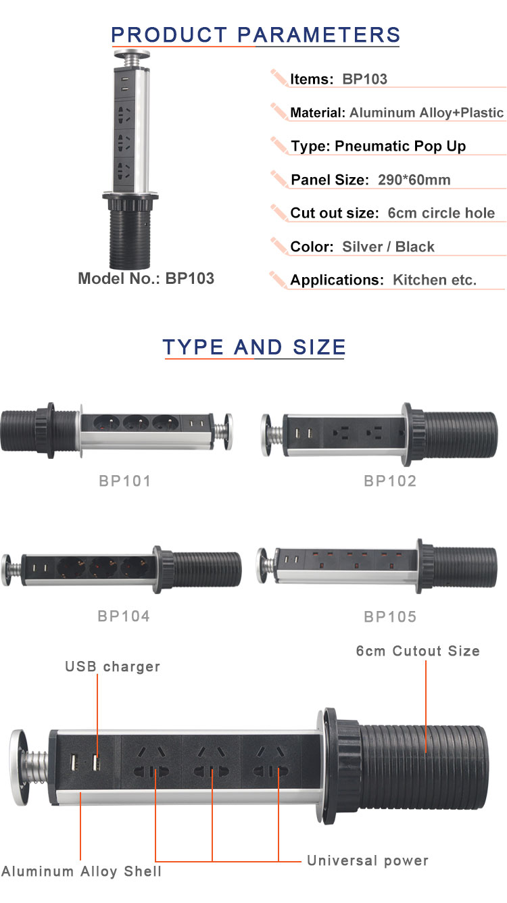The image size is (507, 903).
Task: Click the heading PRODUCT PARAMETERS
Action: pyautogui.click(x=256, y=34)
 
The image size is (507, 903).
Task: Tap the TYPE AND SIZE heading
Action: pyautogui.click(x=254, y=347)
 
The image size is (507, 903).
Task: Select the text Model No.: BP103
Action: pyautogui.click(x=146, y=278)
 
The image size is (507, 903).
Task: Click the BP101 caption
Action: pyautogui.click(x=124, y=481)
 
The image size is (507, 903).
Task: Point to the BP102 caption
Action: pyautogui.click(x=390, y=481)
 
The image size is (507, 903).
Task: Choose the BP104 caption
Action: pyautogui.click(x=124, y=616)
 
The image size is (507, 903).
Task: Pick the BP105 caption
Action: pyautogui.click(x=390, y=616)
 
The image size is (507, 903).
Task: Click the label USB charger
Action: pyautogui.click(x=112, y=666)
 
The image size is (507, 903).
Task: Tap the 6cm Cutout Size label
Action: pyautogui.click(x=418, y=651)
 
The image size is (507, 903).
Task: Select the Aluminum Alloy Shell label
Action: pyautogui.click(x=82, y=871)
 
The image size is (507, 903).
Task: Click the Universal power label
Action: pyautogui.click(x=368, y=860)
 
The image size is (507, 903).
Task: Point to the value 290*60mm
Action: pyautogui.click(x=410, y=180)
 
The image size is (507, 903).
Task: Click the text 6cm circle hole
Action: pyautogui.click(x=441, y=214)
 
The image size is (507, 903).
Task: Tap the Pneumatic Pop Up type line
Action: pyautogui.click(x=378, y=146)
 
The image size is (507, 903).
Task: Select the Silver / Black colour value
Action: pyautogui.click(x=388, y=247)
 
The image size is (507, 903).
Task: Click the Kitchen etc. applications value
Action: pyautogui.click(x=434, y=280)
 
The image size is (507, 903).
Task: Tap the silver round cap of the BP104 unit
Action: pyautogui.click(x=9, y=565)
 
